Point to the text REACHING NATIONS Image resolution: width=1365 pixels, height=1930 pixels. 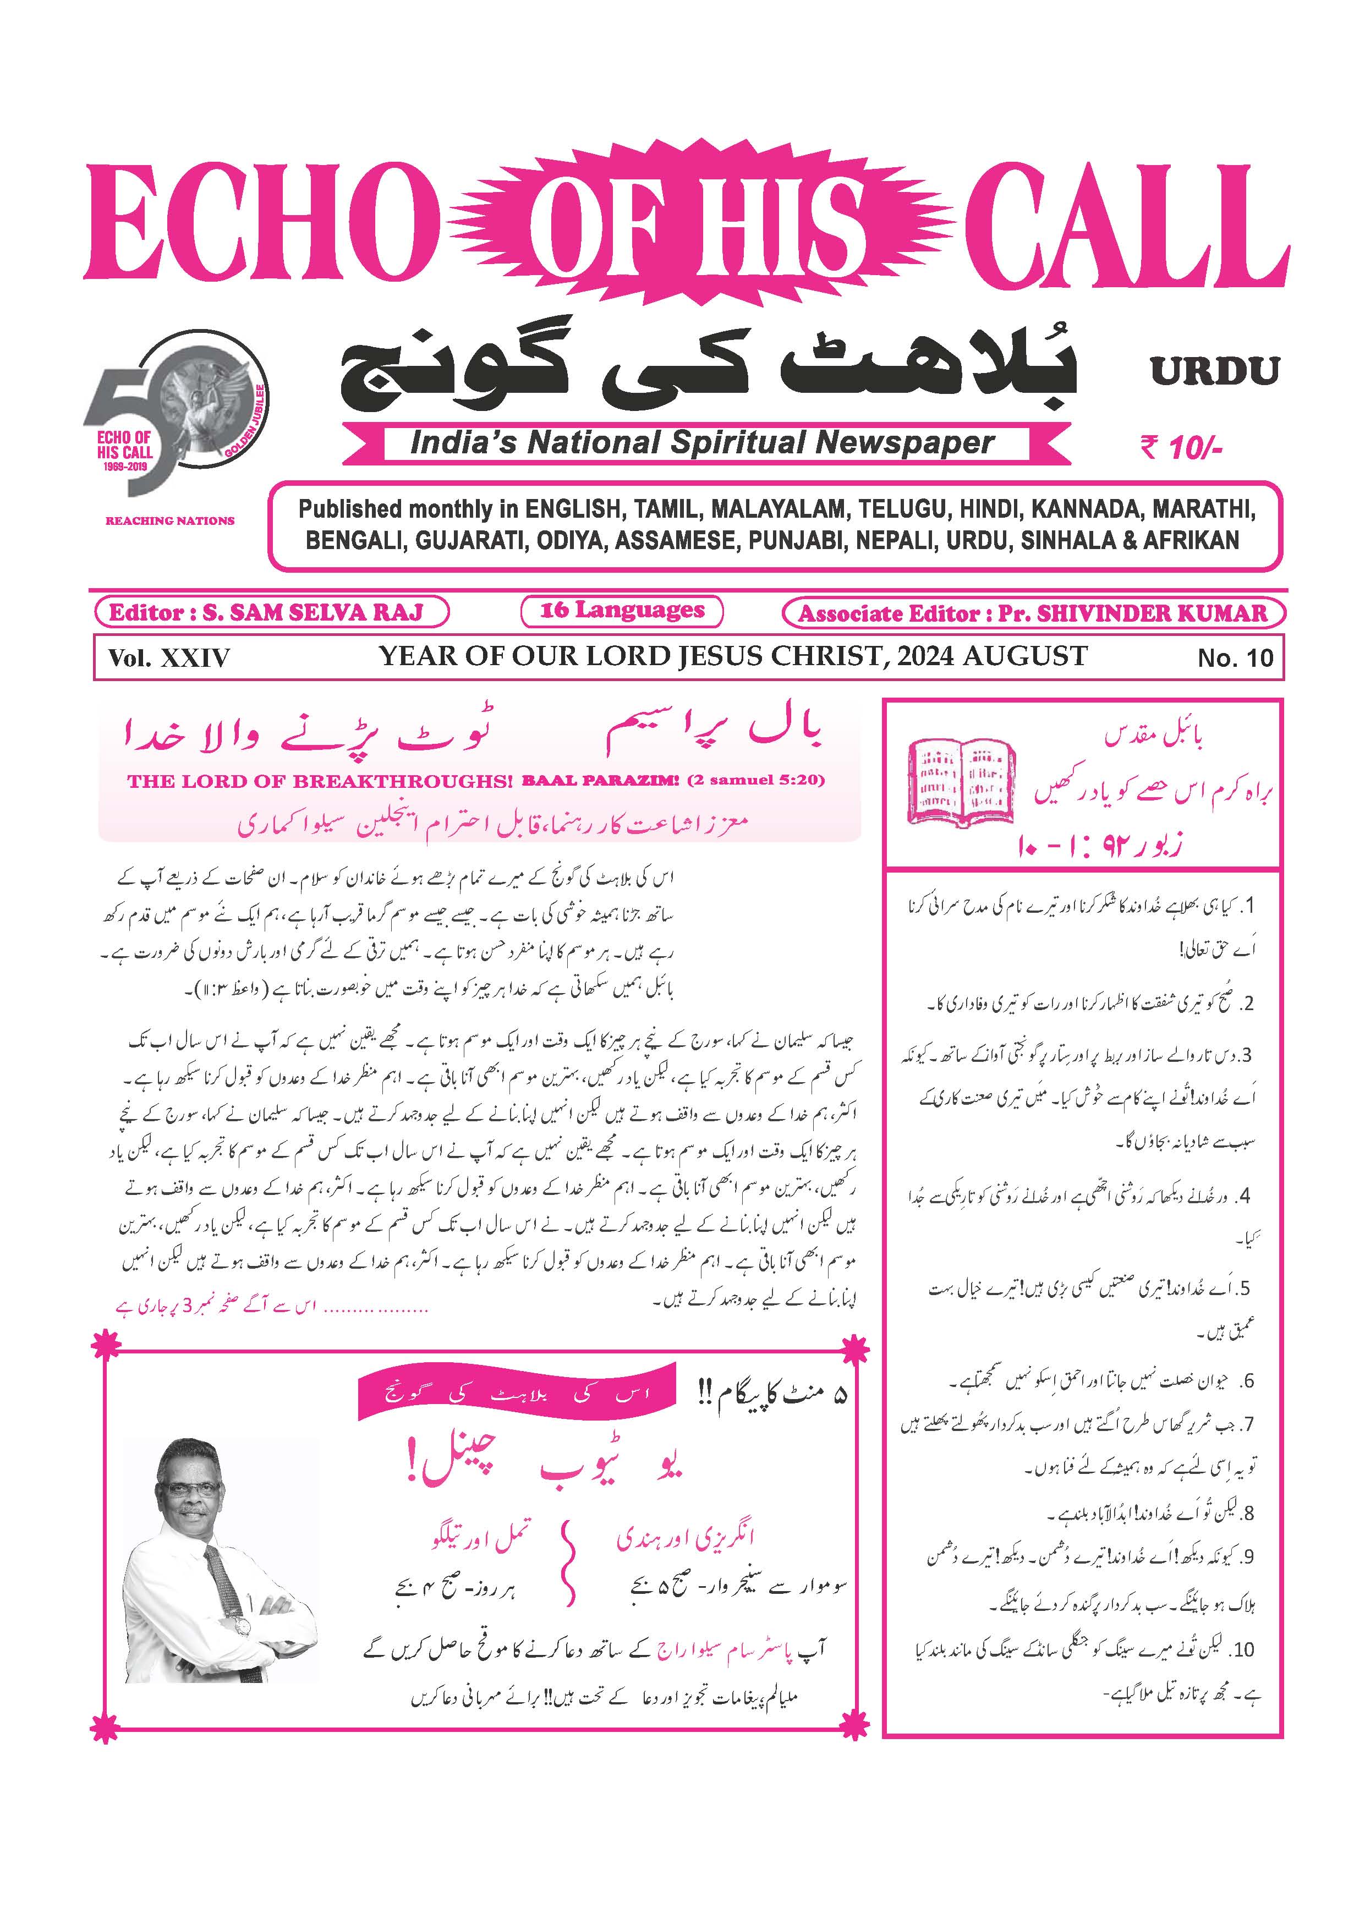point(170,521)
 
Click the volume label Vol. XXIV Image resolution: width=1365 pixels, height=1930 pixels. point(168,657)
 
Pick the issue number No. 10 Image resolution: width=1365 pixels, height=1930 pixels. point(1235,657)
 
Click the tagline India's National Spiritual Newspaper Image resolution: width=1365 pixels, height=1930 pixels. point(702,443)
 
